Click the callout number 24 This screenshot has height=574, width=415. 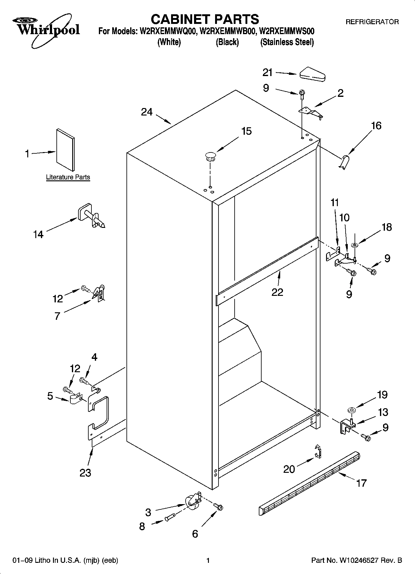point(147,112)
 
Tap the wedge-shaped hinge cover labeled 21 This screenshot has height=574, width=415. point(312,74)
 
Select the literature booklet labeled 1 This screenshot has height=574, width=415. point(65,150)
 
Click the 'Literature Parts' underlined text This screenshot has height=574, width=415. point(68,177)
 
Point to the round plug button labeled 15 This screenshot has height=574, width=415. point(210,156)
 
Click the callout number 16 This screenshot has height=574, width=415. point(376,126)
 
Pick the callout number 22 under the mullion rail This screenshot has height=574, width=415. point(277,292)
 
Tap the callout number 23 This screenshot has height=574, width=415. point(85,473)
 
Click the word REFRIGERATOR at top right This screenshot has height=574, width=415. point(372,22)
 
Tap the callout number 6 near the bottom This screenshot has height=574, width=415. point(195,534)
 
